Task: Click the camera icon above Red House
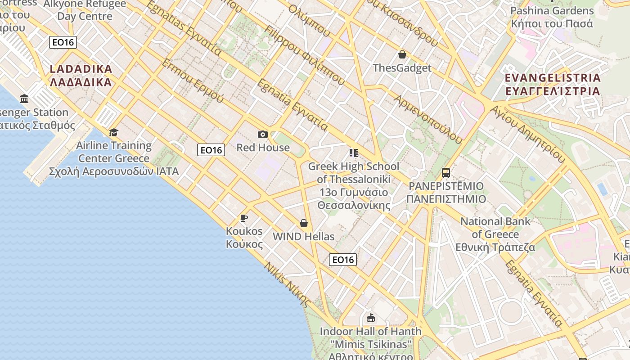[x=263, y=134]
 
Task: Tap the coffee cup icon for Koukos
[x=244, y=218]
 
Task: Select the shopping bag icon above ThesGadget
[x=402, y=55]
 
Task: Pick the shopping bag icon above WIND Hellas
[x=304, y=223]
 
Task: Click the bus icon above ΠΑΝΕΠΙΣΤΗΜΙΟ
[x=445, y=173]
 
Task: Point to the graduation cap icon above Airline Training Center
[x=113, y=132]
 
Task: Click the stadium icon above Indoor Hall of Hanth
[x=370, y=318]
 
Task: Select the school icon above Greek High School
[x=354, y=153]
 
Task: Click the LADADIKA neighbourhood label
[x=81, y=76]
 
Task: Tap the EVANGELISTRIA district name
[x=553, y=84]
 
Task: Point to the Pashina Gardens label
[x=552, y=17]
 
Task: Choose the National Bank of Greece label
[x=495, y=234]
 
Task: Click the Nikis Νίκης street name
[x=288, y=284]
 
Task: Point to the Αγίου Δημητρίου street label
[x=527, y=134]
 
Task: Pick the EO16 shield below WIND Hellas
[x=343, y=260]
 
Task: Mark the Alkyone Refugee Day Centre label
[x=85, y=10]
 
